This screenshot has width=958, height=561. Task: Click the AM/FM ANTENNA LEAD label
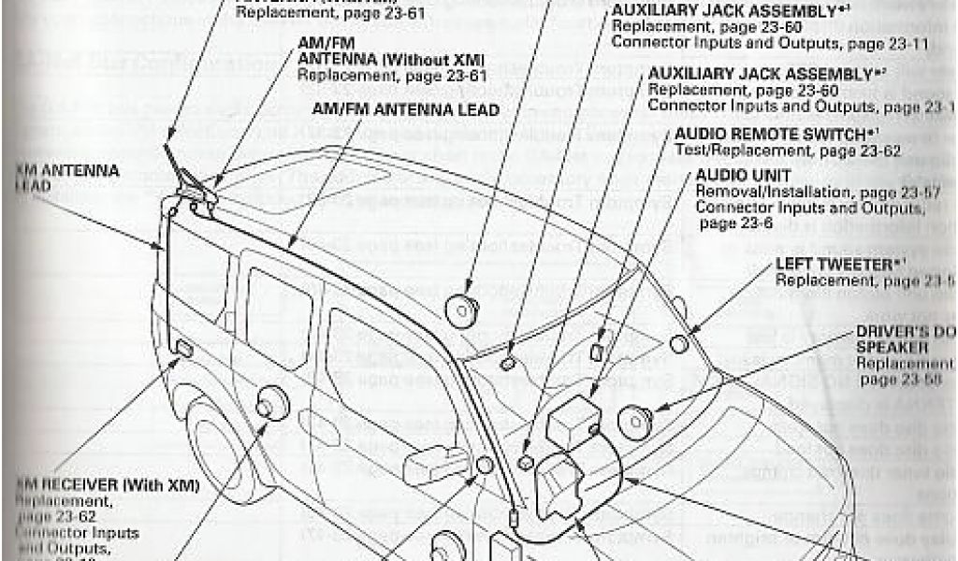pos(404,109)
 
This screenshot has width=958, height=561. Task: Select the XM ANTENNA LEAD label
pos(66,178)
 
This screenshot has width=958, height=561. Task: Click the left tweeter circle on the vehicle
pos(680,343)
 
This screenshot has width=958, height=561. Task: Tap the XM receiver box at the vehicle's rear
pos(184,350)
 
